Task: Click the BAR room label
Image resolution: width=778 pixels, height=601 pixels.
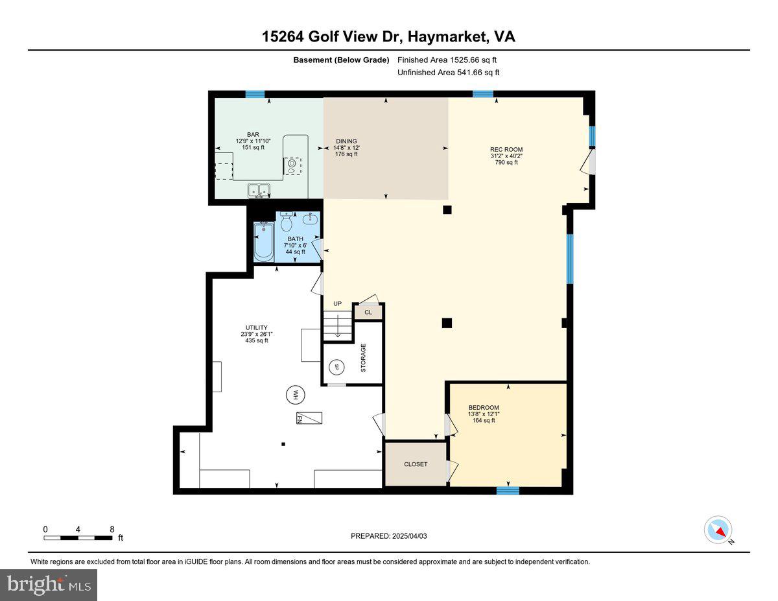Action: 253,135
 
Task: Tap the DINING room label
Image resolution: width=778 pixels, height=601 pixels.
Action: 346,141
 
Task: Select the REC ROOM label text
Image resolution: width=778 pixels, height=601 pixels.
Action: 506,150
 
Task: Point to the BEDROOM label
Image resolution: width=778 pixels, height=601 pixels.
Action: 484,407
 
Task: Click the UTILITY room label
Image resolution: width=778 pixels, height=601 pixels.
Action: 256,327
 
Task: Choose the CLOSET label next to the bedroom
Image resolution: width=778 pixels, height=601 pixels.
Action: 416,464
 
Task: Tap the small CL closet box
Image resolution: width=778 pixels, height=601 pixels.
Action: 368,312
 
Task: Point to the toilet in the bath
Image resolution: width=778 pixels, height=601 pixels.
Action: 287,223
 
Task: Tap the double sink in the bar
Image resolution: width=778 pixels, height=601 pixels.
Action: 259,190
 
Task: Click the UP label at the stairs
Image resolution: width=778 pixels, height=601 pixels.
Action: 337,303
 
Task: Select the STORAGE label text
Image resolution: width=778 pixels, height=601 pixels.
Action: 363,358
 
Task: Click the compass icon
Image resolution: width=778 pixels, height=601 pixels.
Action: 718,530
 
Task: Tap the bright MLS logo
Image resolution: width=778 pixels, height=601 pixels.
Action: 49,585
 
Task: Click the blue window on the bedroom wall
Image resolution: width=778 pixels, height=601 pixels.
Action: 508,491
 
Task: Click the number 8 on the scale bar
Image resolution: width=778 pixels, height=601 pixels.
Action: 112,529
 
